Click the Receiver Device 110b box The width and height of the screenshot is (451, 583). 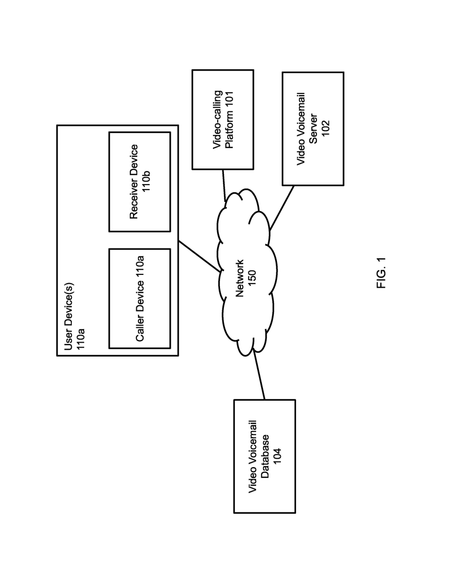click(x=140, y=182)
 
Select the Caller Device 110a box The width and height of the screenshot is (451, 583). click(x=140, y=299)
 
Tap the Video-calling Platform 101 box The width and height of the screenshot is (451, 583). click(x=223, y=120)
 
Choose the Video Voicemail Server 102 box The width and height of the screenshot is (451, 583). click(x=313, y=129)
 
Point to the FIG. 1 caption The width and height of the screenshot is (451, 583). click(x=381, y=273)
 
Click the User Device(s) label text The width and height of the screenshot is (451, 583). click(x=69, y=317)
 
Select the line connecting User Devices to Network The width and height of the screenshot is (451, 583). click(x=200, y=256)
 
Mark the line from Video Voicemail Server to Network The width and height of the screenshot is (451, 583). click(x=282, y=208)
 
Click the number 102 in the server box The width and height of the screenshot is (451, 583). click(x=326, y=129)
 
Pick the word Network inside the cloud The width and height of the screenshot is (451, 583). click(x=240, y=278)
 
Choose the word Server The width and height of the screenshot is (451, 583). click(x=313, y=129)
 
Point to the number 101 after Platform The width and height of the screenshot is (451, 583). click(x=229, y=100)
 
